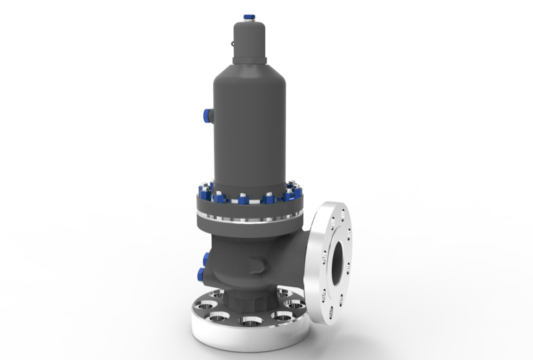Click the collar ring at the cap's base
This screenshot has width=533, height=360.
pyautogui.click(x=249, y=61)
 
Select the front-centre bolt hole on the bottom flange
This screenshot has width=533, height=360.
pyautogui.click(x=251, y=322)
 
